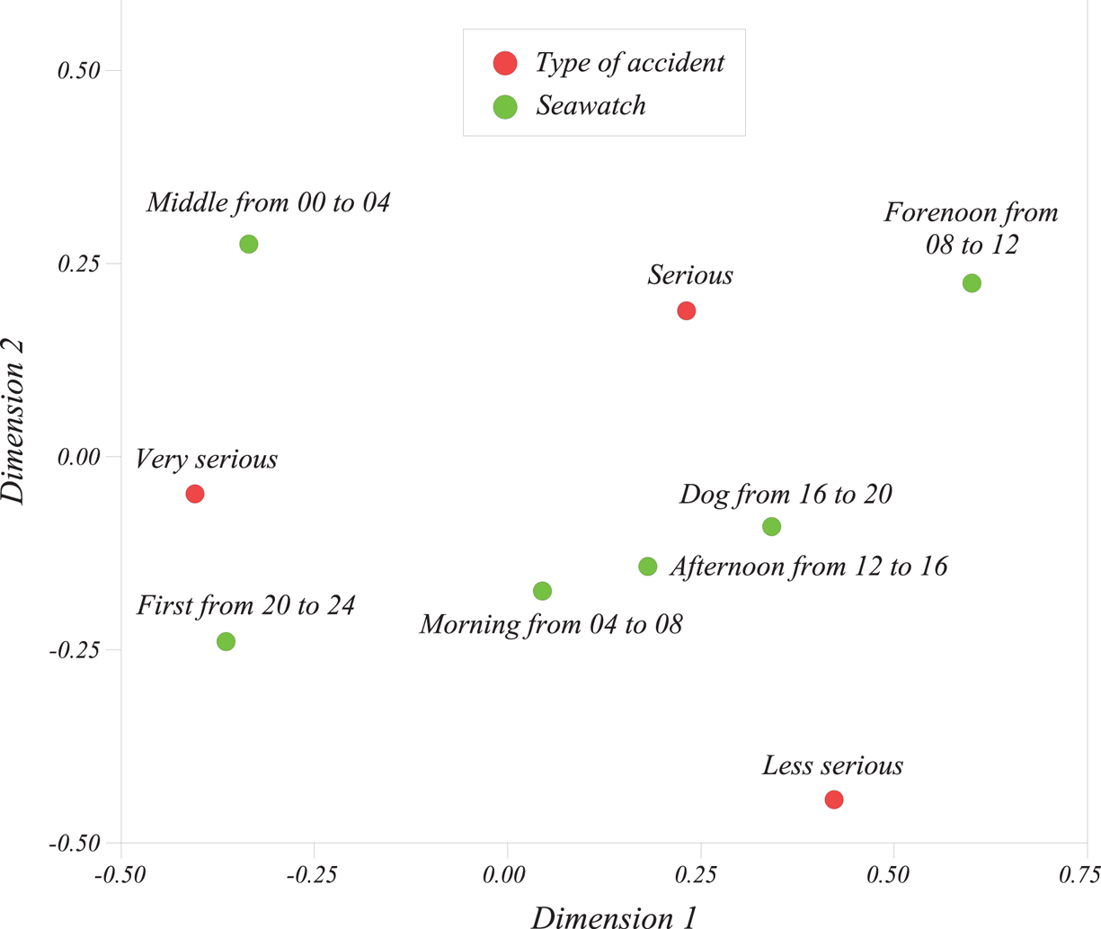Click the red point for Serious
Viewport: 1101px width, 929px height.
(x=686, y=311)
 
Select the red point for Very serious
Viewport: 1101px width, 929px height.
(x=195, y=494)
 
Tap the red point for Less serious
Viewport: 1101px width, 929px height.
(x=834, y=799)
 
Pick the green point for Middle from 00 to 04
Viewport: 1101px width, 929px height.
(x=249, y=245)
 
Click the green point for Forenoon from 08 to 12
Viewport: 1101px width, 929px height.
(x=972, y=283)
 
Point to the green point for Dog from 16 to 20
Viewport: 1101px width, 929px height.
(x=771, y=527)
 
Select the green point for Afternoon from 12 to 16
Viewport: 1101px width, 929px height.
(x=648, y=567)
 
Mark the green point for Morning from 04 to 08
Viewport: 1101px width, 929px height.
(x=542, y=591)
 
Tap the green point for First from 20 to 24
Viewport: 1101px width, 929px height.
(x=226, y=641)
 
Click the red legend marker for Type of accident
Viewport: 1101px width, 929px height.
(x=505, y=63)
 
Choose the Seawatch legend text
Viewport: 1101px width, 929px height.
(x=590, y=106)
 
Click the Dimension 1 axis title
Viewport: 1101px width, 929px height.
(x=614, y=917)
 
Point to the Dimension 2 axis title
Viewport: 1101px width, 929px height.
(x=15, y=421)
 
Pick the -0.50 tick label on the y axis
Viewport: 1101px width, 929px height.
(x=75, y=844)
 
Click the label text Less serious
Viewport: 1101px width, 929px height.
(x=832, y=766)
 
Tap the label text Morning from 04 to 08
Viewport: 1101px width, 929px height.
(x=551, y=624)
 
